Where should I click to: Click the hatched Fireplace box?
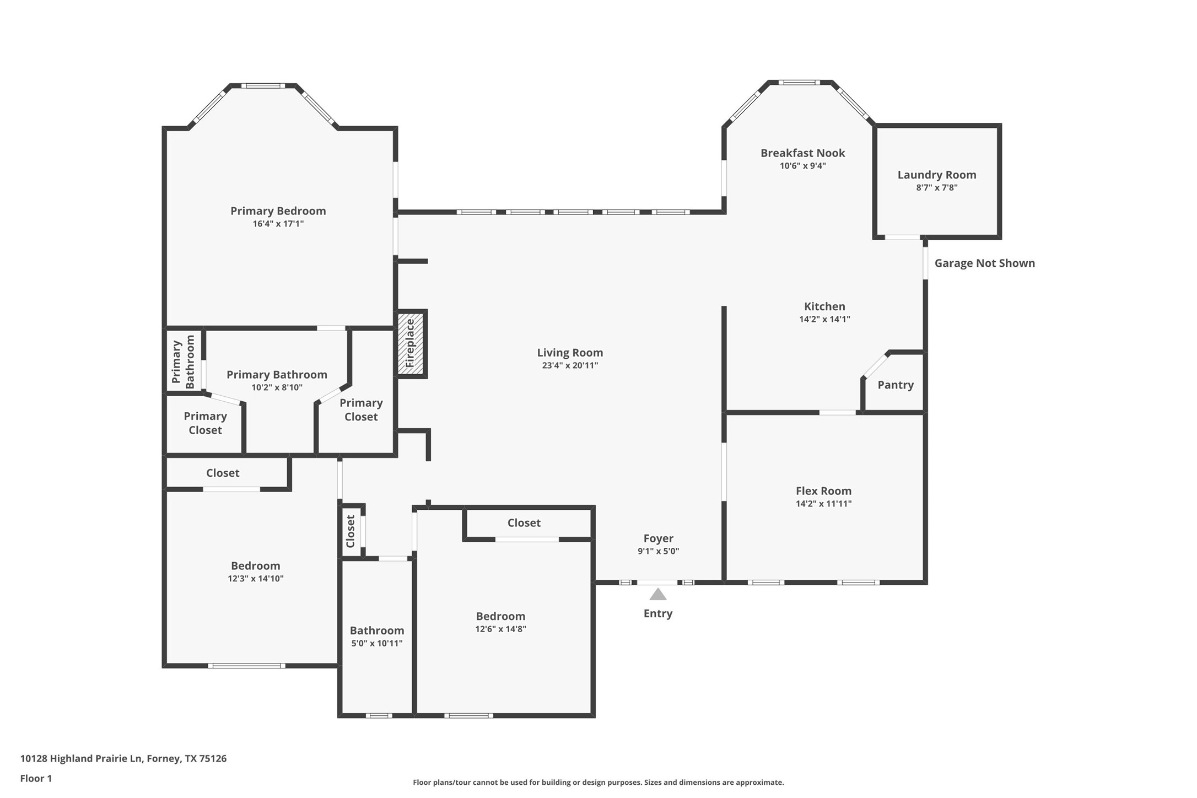(411, 344)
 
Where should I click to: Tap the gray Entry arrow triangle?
(657, 595)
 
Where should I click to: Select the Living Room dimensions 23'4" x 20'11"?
(569, 365)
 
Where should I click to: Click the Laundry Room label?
(936, 175)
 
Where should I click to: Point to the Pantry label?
(895, 385)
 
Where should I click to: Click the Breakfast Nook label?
(802, 153)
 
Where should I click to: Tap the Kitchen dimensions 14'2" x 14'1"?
(824, 319)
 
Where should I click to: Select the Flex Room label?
(823, 490)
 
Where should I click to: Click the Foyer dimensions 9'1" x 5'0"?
(658, 551)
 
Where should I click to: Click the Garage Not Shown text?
(984, 263)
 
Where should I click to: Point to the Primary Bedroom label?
(278, 211)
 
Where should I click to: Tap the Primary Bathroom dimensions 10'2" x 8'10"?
(277, 387)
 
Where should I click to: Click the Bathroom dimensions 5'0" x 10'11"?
(376, 643)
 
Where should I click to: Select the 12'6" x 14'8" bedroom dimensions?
(500, 629)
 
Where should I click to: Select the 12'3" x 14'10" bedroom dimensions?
(255, 579)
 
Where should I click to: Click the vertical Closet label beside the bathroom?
(351, 531)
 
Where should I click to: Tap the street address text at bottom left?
(123, 758)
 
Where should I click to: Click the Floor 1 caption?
(36, 778)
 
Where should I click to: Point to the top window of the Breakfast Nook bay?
(800, 83)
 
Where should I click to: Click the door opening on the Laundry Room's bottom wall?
(902, 238)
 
